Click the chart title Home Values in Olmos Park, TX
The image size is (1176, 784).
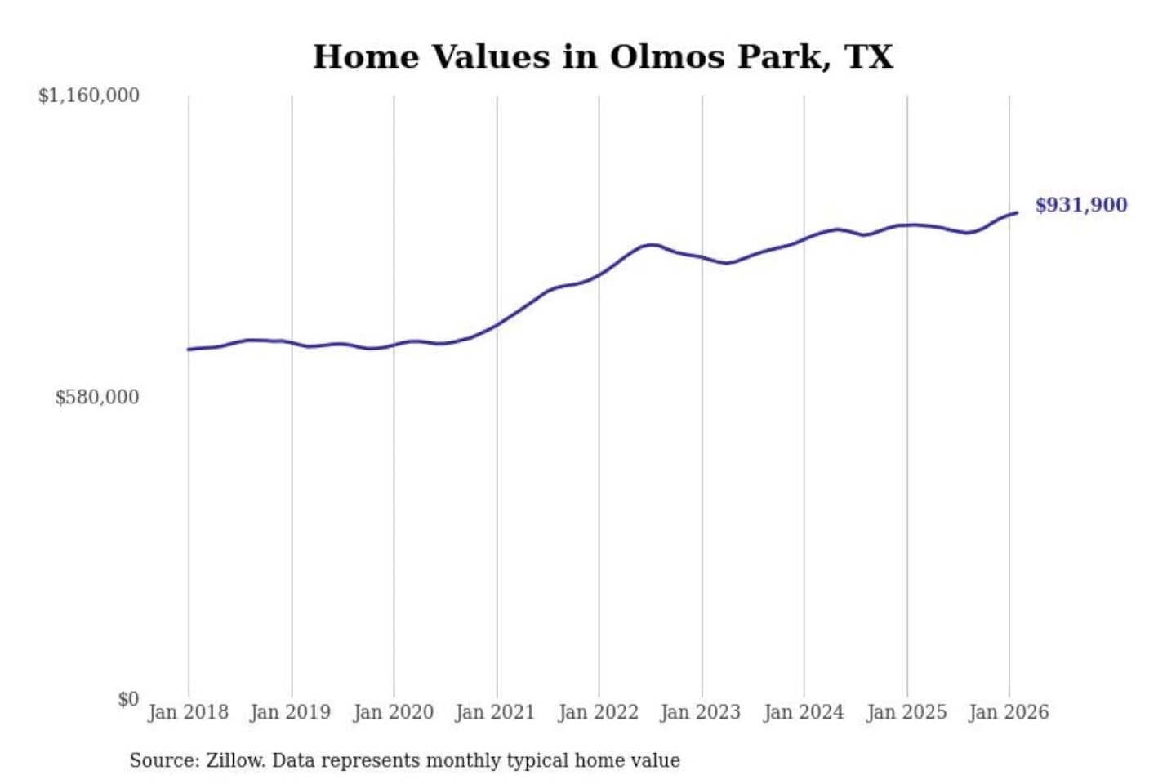(x=603, y=57)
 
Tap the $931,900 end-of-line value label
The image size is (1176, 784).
(x=1080, y=205)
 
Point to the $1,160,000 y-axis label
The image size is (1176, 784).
(x=89, y=96)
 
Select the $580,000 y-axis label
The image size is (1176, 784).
(x=97, y=397)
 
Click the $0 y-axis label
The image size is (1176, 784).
(x=128, y=699)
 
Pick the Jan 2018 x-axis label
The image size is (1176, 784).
(x=188, y=712)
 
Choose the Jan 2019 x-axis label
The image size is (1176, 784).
(x=291, y=712)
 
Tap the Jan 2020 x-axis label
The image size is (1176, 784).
(x=393, y=712)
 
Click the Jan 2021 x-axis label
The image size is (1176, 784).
(x=495, y=712)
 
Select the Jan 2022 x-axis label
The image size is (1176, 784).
(x=598, y=712)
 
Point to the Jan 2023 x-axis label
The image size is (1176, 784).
(x=700, y=712)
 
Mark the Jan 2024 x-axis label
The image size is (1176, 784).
(x=803, y=712)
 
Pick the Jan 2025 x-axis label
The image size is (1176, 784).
(x=906, y=712)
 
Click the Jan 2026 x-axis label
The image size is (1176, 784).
(x=1008, y=712)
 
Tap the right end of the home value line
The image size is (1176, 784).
(x=1017, y=212)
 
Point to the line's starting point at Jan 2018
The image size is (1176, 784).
(x=189, y=350)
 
